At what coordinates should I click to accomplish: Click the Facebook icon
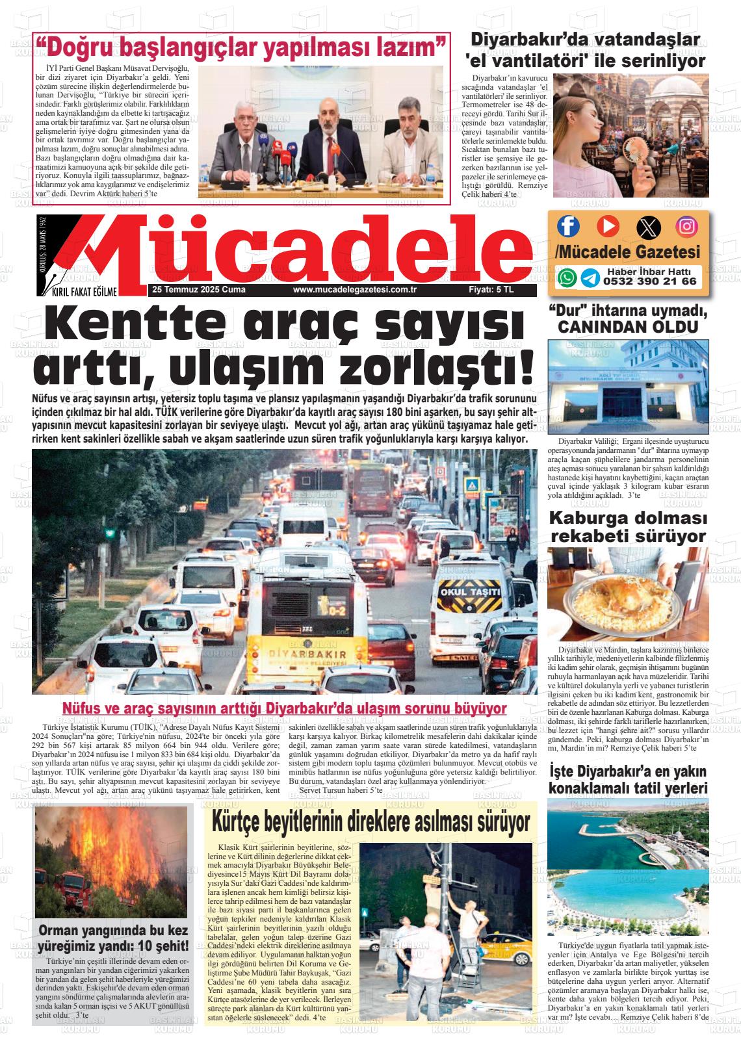(x=568, y=226)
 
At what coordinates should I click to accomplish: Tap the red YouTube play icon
(x=608, y=226)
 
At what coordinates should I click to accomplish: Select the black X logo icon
(x=647, y=227)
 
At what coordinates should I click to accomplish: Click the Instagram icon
(x=687, y=226)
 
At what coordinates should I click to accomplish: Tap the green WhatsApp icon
(x=567, y=277)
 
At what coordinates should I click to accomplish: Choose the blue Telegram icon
(x=590, y=278)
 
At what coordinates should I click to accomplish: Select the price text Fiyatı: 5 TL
(x=491, y=290)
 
